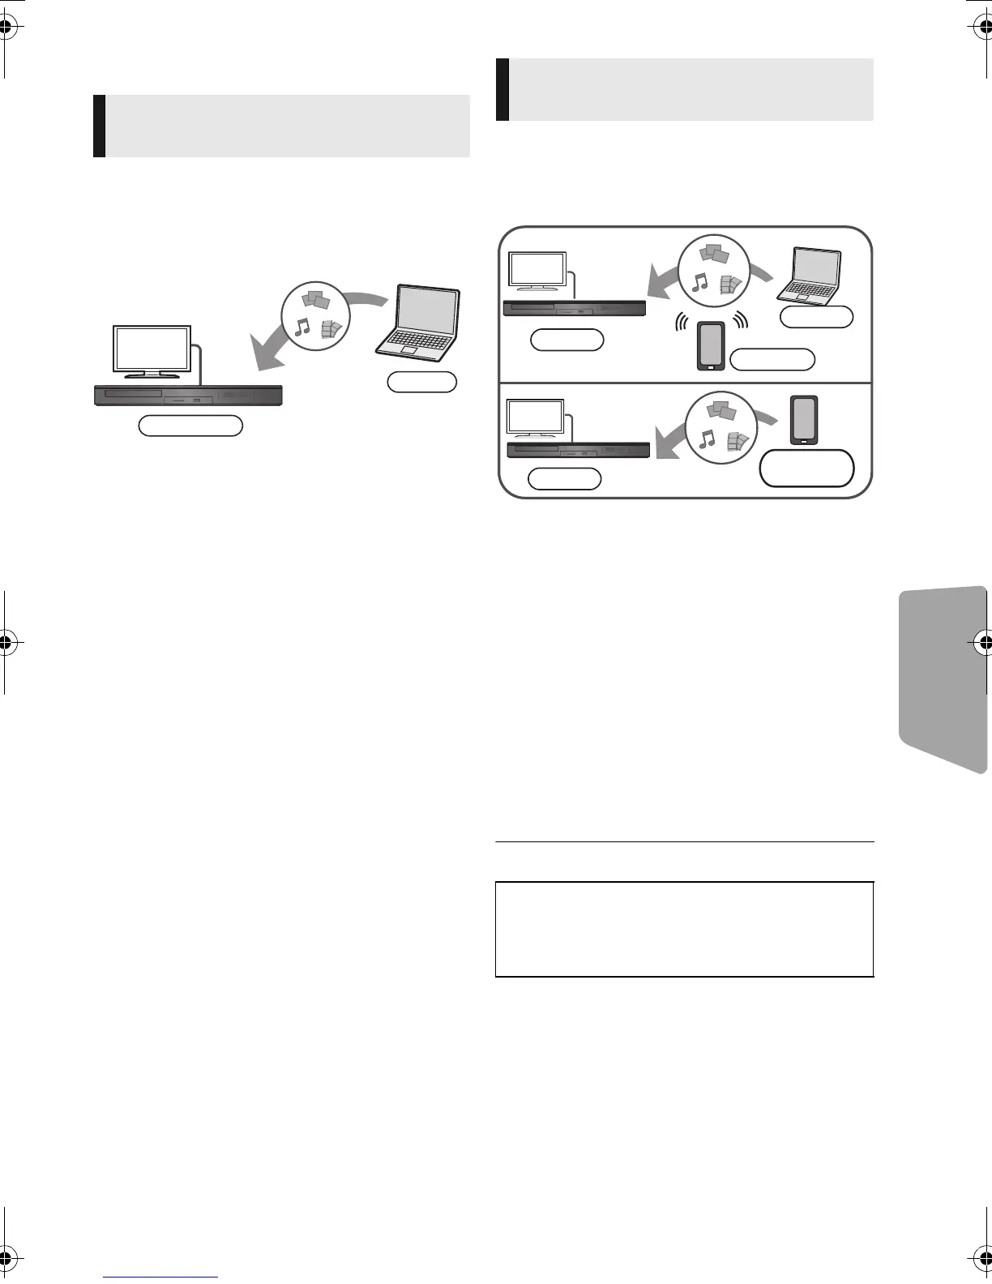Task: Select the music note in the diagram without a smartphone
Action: [x=302, y=326]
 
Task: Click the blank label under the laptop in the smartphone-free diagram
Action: [x=421, y=382]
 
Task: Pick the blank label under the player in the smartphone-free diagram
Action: [x=190, y=426]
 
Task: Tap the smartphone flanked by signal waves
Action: [x=710, y=346]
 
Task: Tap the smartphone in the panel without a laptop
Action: [x=805, y=420]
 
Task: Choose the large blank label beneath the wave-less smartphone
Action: [x=806, y=468]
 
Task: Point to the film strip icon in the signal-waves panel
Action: [x=731, y=284]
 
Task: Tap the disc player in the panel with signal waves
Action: [x=575, y=308]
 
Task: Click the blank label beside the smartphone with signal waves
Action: [x=772, y=359]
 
